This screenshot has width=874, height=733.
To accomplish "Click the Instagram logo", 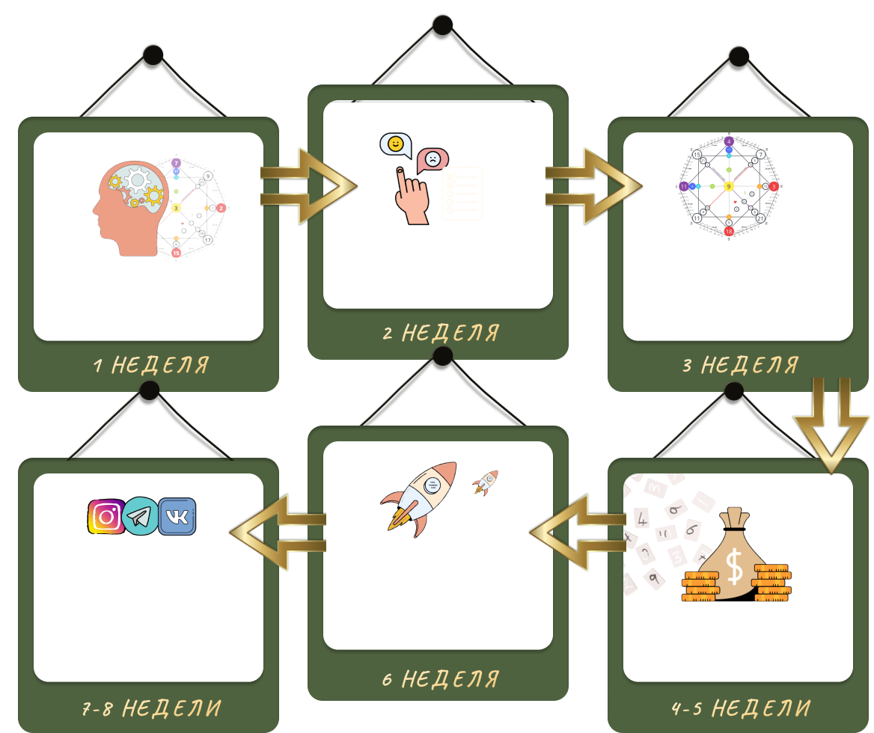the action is (x=106, y=516).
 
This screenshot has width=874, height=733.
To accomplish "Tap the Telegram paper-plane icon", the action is (x=141, y=516).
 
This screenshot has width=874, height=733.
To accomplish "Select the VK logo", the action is (x=177, y=516).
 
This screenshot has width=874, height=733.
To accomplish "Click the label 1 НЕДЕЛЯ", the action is (x=150, y=365).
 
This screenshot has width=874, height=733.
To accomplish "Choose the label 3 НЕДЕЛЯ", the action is (x=740, y=365).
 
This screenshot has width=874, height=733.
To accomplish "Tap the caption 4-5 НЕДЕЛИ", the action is (x=740, y=708).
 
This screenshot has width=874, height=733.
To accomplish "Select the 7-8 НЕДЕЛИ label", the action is (x=150, y=708).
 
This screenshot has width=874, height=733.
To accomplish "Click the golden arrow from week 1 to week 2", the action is (x=308, y=185).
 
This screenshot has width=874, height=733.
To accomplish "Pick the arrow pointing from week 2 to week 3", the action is (x=593, y=185).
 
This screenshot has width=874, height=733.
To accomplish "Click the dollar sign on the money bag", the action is (x=735, y=567).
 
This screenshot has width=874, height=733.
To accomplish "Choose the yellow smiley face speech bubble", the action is (x=395, y=144).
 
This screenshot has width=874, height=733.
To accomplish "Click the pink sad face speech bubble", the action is (x=433, y=159).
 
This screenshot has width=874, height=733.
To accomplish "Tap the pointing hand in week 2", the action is (x=410, y=198).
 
